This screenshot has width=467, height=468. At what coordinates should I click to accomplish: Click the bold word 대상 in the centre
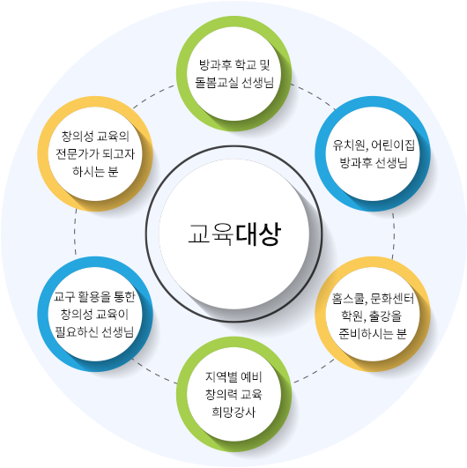coord(258,234)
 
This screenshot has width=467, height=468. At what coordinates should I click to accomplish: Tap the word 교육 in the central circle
coord(211,234)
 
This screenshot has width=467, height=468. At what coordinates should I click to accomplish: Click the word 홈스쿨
coord(348,298)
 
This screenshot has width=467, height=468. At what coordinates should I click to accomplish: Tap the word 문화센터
coord(392,298)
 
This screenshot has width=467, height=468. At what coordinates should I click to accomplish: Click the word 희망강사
coord(233,412)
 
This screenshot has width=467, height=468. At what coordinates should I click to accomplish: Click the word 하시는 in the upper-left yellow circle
coord(89,171)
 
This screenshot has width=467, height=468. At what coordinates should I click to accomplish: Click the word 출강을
coord(386,316)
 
